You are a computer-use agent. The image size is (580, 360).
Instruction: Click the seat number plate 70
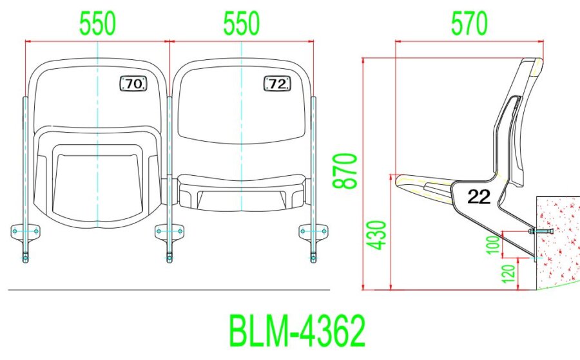pos(133,84)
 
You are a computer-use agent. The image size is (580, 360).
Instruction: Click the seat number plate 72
pos(277,84)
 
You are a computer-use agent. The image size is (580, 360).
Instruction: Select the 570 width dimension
pos(469,24)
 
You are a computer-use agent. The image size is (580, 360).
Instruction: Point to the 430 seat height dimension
pos(380,235)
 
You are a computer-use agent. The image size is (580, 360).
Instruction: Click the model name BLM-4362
pos(297,332)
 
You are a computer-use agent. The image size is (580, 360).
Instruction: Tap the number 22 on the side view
pos(479,198)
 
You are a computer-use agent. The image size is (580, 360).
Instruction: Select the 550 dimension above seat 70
pos(97,24)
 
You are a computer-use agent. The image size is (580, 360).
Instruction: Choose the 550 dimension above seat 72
pos(241,24)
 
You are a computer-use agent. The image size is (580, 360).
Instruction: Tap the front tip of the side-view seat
pos(397,178)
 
